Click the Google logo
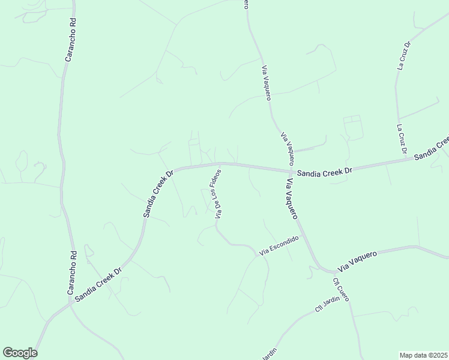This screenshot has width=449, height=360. [20, 353]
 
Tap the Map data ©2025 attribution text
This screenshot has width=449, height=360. [424, 355]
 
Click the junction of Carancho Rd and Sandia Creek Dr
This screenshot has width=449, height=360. [71, 301]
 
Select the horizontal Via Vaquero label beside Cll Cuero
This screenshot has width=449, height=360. [357, 260]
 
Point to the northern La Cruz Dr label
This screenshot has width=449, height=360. [403, 56]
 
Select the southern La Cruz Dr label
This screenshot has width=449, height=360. [400, 139]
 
